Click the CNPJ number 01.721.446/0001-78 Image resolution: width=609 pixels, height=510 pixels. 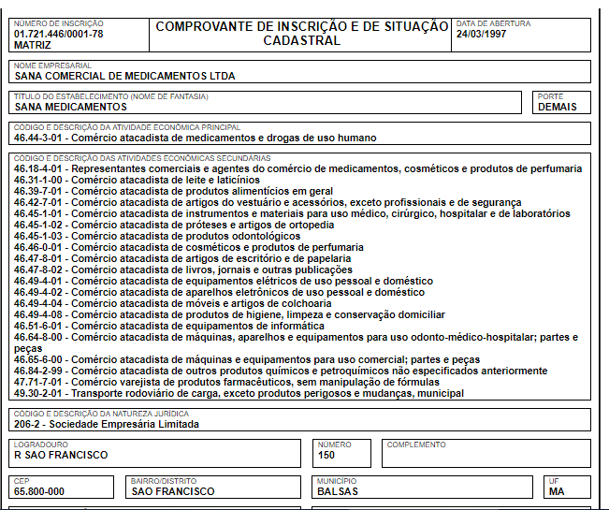(x=59, y=34)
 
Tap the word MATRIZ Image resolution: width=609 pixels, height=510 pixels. (x=33, y=44)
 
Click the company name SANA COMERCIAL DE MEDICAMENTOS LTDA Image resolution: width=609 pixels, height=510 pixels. (x=124, y=77)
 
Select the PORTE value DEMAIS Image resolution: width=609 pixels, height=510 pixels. (x=558, y=107)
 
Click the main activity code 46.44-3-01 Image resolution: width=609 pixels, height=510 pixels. (x=40, y=138)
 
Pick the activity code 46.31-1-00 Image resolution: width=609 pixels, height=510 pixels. (x=40, y=180)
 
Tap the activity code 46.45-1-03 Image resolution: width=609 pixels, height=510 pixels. (x=40, y=236)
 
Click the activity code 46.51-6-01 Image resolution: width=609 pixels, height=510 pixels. (x=40, y=326)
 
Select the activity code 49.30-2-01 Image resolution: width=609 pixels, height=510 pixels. (x=40, y=394)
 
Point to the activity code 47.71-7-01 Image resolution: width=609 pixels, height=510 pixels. (x=40, y=383)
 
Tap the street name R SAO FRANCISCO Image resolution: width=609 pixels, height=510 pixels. (x=61, y=455)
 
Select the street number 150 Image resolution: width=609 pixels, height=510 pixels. (x=326, y=455)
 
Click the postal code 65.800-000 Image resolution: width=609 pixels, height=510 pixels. (x=39, y=491)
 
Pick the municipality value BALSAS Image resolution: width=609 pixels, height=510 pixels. (x=338, y=491)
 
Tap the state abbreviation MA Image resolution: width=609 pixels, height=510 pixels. (x=557, y=491)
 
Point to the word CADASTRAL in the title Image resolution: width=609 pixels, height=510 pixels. (x=301, y=41)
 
